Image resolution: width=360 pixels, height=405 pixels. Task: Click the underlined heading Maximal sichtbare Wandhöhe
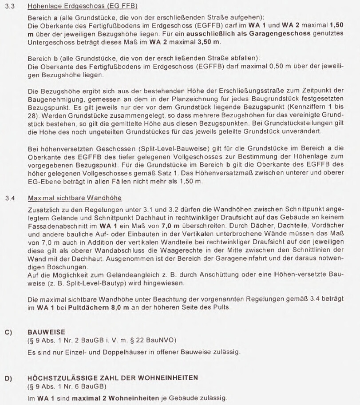74,198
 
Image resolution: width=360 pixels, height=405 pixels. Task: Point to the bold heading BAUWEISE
46,332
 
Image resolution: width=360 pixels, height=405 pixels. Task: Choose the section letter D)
8,378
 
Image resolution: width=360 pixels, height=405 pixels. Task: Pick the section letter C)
8,332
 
